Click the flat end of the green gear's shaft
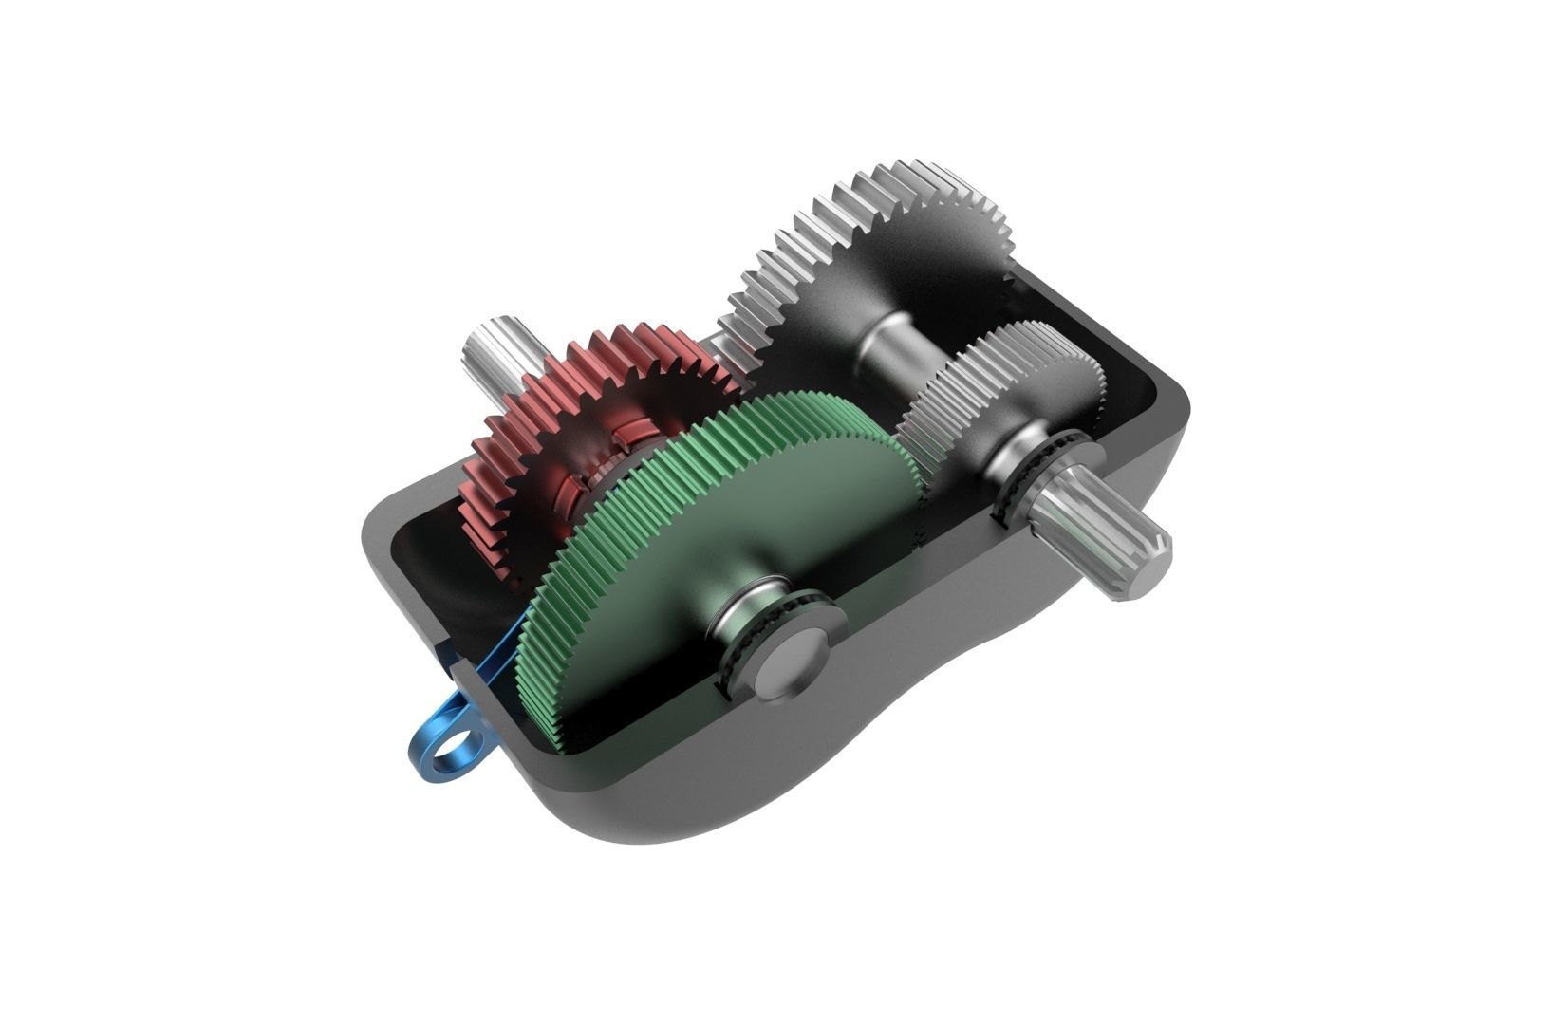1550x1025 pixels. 795,662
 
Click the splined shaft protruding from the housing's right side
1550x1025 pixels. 1111,536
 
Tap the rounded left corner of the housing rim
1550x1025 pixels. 380,531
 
